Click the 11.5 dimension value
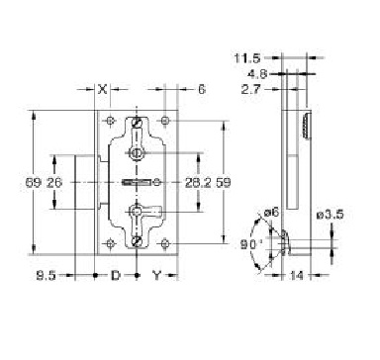click(247, 58)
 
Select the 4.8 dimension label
click(257, 74)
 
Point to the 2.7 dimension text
click(250, 89)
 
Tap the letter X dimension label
click(103, 89)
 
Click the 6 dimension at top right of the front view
click(202, 89)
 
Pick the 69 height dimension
click(34, 182)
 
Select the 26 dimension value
click(54, 182)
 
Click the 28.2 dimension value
click(198, 182)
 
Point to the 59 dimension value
click(224, 182)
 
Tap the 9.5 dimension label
click(46, 275)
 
